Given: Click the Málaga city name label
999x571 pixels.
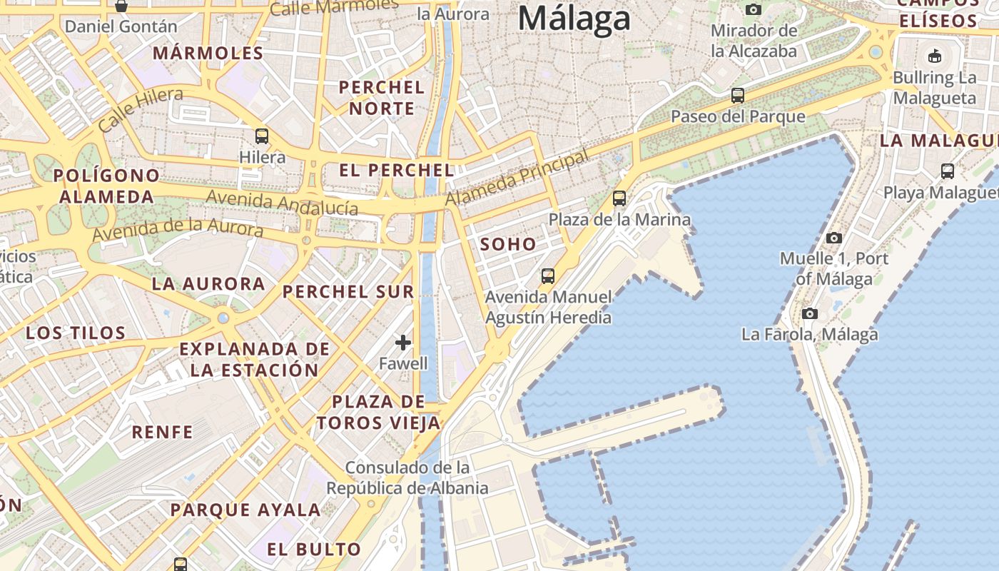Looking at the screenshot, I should (574, 18).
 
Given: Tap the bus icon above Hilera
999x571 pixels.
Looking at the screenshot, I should (262, 136).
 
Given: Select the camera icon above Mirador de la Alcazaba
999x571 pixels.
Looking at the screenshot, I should (753, 9).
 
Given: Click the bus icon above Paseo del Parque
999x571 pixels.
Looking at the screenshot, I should (738, 95).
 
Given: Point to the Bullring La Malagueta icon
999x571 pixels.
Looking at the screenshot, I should (934, 56).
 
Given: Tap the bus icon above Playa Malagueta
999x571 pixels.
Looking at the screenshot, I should (948, 171).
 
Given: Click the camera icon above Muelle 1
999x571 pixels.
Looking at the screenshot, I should (833, 238).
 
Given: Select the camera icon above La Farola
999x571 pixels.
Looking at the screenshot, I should (809, 313).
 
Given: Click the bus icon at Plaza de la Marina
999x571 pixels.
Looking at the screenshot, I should (619, 198).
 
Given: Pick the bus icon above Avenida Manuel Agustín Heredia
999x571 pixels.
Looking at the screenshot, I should (548, 276).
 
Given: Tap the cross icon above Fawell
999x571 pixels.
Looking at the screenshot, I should (403, 343).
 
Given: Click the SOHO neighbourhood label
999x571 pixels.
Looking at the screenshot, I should (508, 244).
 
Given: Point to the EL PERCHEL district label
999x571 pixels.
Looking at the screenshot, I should (396, 170).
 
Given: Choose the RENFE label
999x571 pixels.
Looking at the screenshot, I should (162, 432).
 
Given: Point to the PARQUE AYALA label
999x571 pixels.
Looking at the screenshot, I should (245, 510).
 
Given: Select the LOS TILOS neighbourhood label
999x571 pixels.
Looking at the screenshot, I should (76, 333).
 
